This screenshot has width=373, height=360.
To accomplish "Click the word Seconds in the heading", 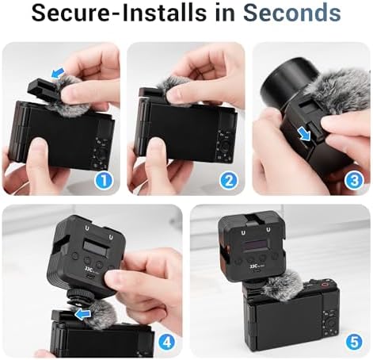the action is click(292, 13).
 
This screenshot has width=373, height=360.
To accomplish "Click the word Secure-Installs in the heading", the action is click(119, 13).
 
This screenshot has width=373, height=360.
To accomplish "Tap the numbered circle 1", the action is click(104, 181).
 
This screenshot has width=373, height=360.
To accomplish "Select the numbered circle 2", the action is click(229, 181).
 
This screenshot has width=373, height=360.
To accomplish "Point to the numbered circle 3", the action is click(354, 181).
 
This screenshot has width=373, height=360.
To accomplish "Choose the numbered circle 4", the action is click(167, 343).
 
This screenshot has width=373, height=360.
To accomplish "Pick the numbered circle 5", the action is click(354, 343).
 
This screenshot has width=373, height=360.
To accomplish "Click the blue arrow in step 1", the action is click(58, 73).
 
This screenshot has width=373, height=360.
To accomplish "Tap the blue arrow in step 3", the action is click(304, 133).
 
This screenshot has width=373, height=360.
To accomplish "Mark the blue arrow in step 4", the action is click(82, 315).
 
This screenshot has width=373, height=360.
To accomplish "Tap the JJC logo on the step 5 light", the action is click(253, 267).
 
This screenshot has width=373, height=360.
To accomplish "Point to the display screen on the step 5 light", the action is click(255, 247).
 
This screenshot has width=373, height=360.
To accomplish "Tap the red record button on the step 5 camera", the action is click(325, 285).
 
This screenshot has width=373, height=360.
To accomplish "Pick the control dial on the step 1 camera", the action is click(101, 153).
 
